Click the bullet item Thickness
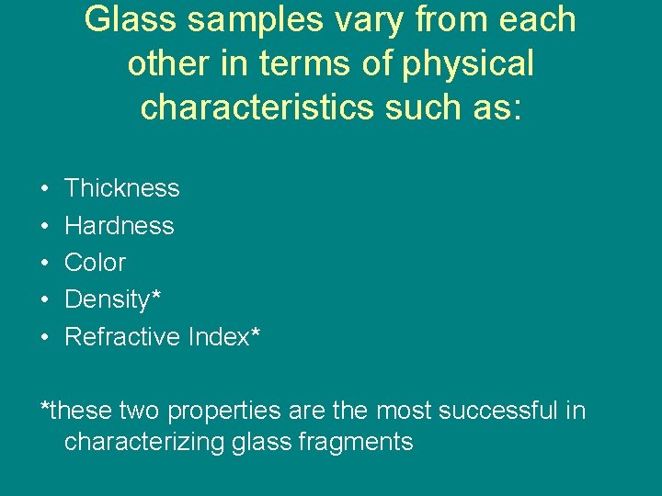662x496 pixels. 121,188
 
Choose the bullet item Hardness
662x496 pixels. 119,225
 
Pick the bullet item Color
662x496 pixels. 95,263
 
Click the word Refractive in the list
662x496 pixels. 122,337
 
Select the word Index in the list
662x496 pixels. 217,337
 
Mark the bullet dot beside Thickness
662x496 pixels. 45,189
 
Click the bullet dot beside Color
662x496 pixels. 45,264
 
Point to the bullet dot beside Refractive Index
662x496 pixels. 45,338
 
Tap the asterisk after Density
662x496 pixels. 155,295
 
